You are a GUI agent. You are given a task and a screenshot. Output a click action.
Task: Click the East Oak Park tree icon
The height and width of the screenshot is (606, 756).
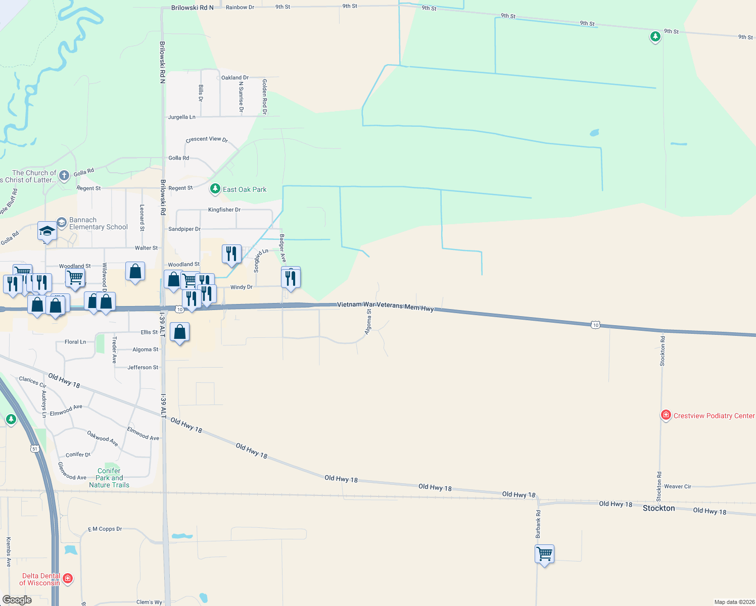pos(215,189)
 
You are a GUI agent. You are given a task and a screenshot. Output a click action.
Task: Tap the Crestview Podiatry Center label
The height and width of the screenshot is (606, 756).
pos(714,416)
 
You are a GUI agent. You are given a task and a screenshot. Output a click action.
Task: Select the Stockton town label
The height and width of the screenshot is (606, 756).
pos(658,508)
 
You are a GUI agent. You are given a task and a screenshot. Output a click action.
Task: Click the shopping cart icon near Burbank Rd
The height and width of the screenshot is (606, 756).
pos(544,553)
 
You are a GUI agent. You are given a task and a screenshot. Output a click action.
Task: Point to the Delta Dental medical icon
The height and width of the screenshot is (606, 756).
pos(68,579)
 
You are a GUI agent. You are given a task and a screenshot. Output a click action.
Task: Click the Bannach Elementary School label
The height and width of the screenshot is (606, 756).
pos(98,223)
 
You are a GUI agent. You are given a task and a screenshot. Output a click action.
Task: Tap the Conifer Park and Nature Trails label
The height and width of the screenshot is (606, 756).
pos(109,478)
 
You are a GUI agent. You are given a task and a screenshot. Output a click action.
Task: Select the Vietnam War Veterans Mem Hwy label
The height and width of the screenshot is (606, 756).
pos(385,306)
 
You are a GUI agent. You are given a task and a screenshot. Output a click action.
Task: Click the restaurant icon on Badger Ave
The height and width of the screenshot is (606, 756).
pos(291,278)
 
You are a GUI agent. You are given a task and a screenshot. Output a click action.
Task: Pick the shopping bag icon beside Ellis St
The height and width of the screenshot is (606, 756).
pos(179,332)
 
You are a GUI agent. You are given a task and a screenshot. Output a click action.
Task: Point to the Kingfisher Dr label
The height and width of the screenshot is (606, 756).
pos(224,210)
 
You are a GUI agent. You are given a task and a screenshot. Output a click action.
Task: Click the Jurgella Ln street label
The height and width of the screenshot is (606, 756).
pos(181,117)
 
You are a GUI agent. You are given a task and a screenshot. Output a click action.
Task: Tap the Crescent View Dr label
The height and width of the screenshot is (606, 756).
pos(207,139)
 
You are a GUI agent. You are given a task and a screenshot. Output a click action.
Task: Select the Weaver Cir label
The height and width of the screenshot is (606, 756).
pos(677,486)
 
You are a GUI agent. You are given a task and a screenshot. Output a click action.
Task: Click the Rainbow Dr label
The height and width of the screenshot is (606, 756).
pos(240,8)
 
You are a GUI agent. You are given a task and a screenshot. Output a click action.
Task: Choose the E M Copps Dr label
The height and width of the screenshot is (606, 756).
pos(105,529)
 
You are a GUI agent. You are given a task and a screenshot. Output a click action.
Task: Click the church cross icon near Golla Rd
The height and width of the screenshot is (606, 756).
pos(64,175)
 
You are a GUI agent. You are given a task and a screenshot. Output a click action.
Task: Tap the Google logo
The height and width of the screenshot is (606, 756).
pos(17,600)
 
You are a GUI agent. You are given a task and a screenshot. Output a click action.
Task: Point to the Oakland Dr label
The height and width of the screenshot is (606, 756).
pos(235,78)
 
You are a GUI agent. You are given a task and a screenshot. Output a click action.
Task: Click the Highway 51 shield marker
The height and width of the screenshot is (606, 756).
pos(34,448)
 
